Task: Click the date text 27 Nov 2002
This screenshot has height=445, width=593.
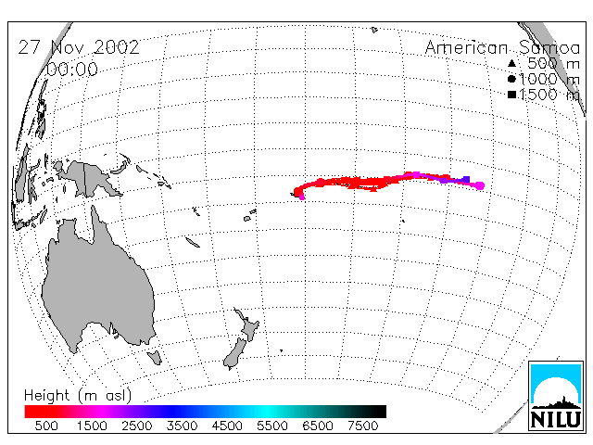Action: (x=79, y=47)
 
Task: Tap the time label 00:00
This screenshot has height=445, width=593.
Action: (x=72, y=70)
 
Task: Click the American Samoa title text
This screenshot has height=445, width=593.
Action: (x=502, y=47)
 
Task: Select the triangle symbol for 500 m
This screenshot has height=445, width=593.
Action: (x=511, y=63)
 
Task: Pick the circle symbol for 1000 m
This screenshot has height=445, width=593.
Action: (x=511, y=79)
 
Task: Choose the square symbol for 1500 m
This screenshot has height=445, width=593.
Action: (x=511, y=95)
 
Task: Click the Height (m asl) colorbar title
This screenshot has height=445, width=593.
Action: (x=78, y=396)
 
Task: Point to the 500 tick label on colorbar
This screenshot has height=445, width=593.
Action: (x=46, y=426)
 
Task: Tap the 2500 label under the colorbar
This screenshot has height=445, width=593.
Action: (x=136, y=426)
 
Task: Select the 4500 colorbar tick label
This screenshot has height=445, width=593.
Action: (x=227, y=426)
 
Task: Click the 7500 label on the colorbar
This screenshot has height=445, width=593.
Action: (x=362, y=426)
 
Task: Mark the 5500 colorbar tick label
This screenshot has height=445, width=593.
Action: (x=272, y=426)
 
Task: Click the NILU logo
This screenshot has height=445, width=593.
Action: (x=556, y=396)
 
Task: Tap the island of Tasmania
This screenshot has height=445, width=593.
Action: (x=155, y=357)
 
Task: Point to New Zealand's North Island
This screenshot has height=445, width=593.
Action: (x=248, y=324)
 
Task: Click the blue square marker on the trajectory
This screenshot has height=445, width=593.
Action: (x=466, y=179)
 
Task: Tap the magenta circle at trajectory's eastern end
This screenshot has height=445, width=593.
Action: (x=480, y=185)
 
